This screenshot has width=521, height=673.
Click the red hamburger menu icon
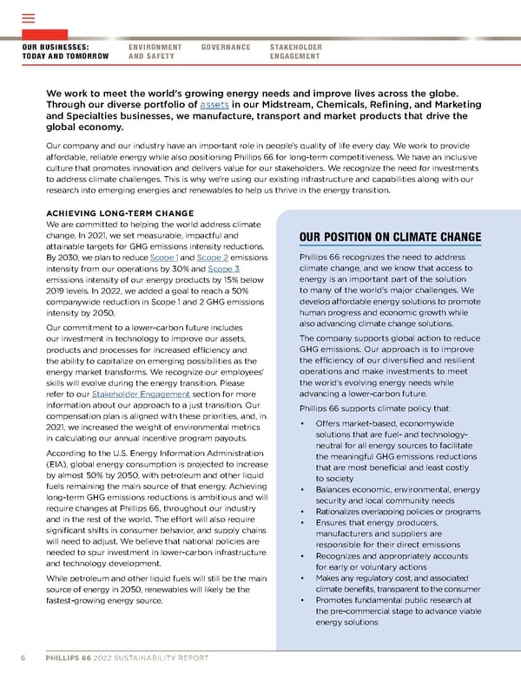(27, 18)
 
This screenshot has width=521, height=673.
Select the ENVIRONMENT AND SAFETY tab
(155, 51)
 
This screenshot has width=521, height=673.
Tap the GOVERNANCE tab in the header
(225, 47)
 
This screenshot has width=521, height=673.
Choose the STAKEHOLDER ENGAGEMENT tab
(296, 51)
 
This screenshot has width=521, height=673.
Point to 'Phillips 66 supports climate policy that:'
(368, 408)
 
